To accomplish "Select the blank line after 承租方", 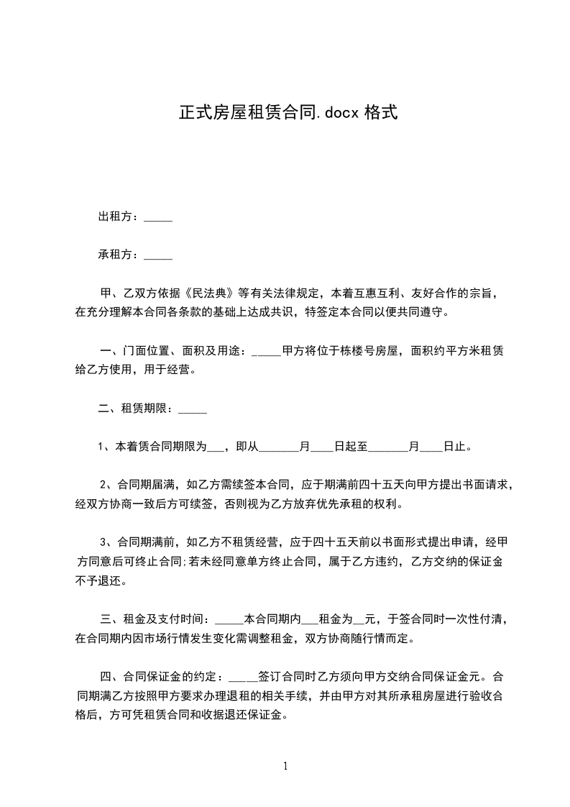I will (x=158, y=255).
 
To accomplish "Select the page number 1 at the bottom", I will (x=285, y=767).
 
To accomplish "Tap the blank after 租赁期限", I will (x=192, y=411).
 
